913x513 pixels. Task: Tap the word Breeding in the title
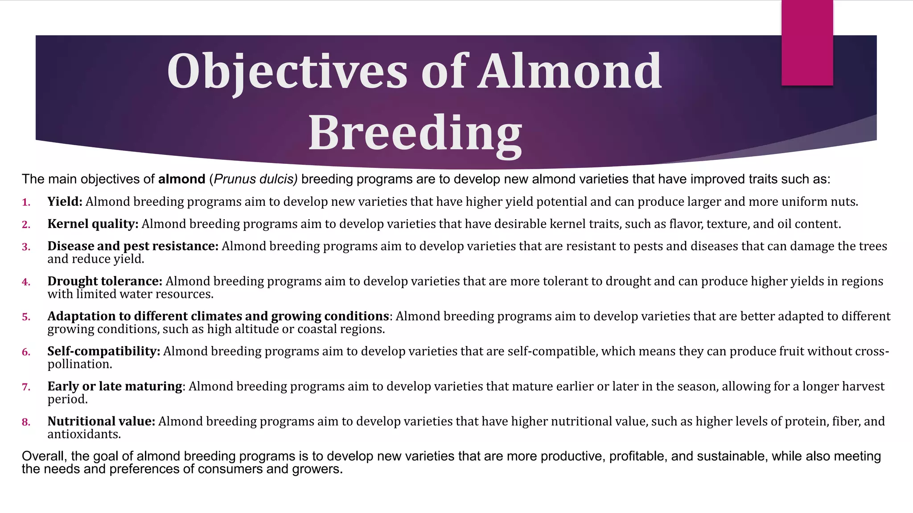415,133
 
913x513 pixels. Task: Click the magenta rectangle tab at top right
807,43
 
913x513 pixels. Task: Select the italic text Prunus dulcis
255,179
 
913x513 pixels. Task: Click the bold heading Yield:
65,202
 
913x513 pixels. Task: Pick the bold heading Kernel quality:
93,224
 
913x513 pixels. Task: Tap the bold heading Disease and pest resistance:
133,246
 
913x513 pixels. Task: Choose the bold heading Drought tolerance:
105,281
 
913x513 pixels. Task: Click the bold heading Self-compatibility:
103,351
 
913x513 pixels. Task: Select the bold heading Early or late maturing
115,386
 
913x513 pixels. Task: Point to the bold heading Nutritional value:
101,421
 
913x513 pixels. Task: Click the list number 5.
26,317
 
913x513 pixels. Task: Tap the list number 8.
26,422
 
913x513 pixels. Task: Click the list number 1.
26,203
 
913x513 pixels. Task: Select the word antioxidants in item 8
84,434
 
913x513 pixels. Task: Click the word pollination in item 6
79,364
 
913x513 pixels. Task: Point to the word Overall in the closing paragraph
44,456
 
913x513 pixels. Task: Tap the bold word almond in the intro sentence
181,179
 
